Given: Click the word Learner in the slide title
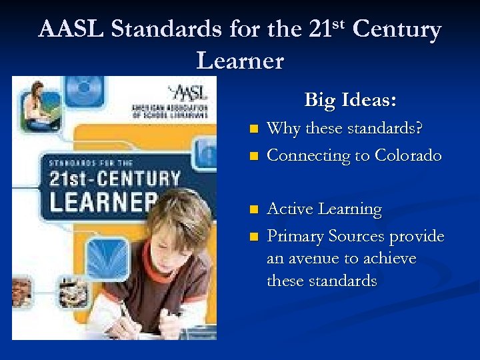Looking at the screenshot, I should coord(240,61).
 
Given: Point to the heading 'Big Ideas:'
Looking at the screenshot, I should coord(351,100).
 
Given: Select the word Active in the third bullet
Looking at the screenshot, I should coord(291,209).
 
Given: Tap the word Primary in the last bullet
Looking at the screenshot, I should coord(295,237).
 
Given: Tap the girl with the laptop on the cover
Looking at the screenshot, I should coord(37,107).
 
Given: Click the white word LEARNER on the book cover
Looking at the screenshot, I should coord(100,201).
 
